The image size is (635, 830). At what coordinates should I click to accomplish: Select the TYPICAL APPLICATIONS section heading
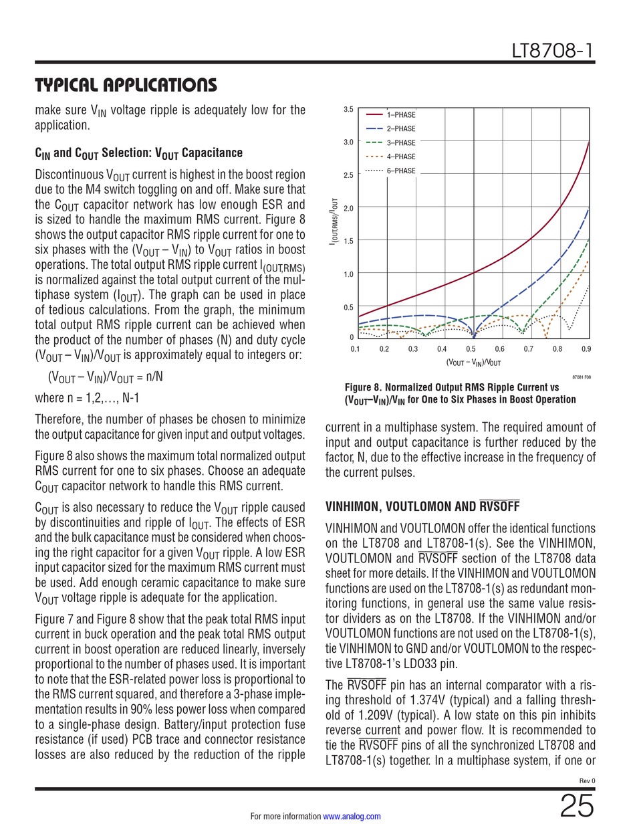coord(126,86)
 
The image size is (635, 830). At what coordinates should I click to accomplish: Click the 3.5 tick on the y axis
coord(348,109)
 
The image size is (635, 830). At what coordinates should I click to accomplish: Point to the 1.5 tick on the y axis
coord(348,241)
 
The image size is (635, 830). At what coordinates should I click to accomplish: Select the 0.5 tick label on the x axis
coord(471,349)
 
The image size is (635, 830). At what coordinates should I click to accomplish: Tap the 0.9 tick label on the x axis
coord(586,349)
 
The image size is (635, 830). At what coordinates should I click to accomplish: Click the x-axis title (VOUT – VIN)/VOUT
coord(473,362)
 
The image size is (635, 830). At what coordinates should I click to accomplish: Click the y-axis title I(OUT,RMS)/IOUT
coord(333,221)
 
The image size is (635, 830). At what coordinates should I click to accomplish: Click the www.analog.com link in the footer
coord(352,817)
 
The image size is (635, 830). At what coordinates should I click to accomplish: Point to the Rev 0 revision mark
coord(586,781)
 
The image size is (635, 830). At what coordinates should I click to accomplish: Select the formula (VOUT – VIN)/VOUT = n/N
coord(105,377)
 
